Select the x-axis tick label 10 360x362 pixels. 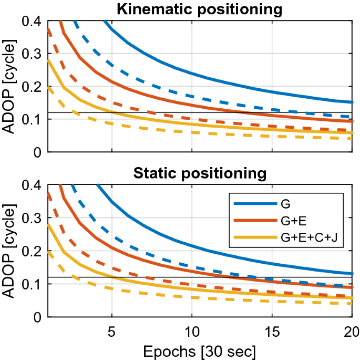192,332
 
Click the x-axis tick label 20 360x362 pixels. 351,332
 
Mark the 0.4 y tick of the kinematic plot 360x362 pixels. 34,21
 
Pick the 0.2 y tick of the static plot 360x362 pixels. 34,251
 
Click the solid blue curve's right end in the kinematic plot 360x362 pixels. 352,102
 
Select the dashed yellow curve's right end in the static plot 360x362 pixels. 352,304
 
